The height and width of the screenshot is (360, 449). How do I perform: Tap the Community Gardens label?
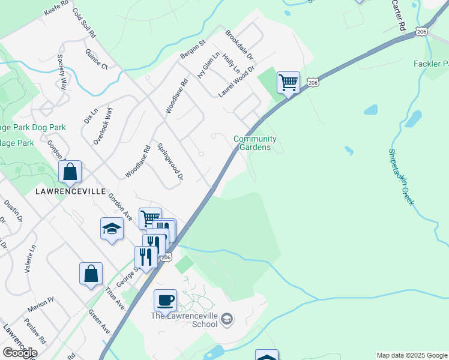(x=256, y=143)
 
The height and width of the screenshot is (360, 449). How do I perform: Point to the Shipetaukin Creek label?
(x=400, y=178)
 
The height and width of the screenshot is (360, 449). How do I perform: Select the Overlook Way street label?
(x=103, y=126)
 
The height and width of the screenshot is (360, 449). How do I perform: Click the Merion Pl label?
(x=40, y=308)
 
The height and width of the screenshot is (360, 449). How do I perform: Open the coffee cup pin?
(x=166, y=300)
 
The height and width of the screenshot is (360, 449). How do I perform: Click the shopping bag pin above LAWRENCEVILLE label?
(x=70, y=172)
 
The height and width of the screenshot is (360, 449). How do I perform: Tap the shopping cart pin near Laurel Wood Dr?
(x=288, y=82)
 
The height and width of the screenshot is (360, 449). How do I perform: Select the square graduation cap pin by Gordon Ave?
(x=112, y=229)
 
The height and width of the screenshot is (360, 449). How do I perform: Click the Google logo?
(x=19, y=353)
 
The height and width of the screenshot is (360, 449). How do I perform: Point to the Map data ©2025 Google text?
(x=412, y=355)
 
